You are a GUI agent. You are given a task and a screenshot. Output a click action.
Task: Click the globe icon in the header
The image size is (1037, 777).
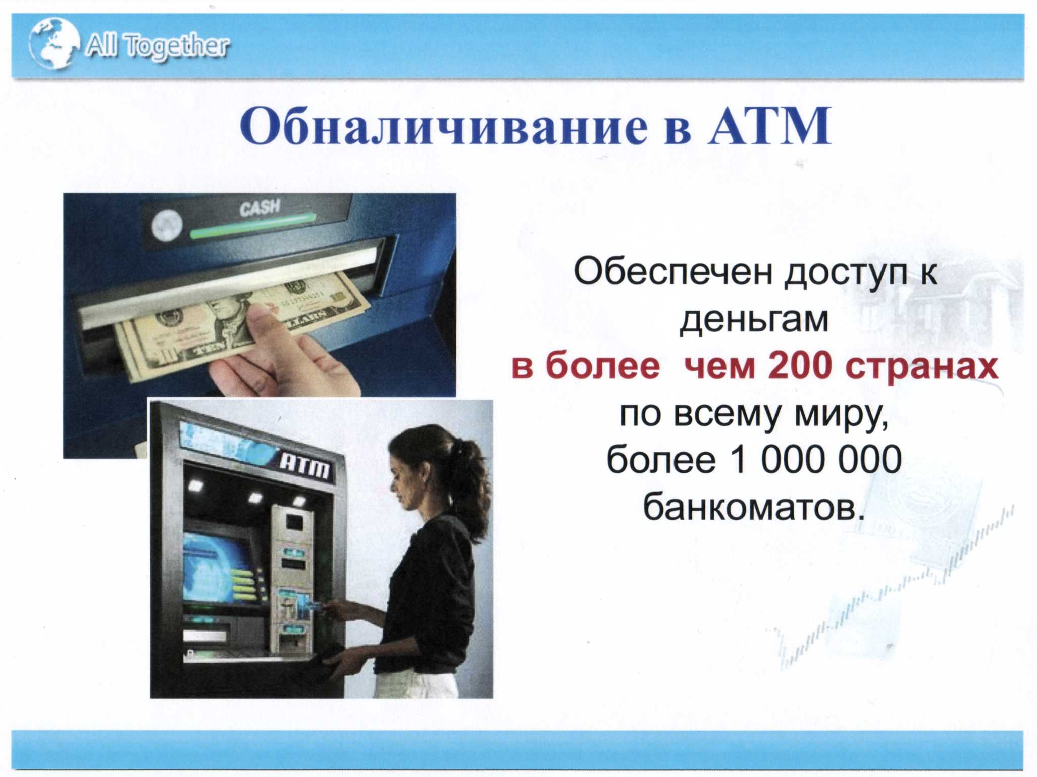coord(54,43)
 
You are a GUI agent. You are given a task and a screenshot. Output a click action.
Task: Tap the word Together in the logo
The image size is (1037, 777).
coord(177,46)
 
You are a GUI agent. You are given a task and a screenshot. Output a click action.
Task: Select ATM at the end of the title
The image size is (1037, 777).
coord(768,126)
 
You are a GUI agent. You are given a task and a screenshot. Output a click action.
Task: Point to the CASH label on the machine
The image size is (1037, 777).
coord(260,207)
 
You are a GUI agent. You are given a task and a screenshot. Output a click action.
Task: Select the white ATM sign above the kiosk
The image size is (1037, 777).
coord(305,466)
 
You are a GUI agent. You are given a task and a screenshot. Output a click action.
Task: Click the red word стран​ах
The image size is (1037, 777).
coord(922,368)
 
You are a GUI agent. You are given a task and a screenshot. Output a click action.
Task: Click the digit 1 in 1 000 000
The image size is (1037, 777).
coord(740,459)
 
